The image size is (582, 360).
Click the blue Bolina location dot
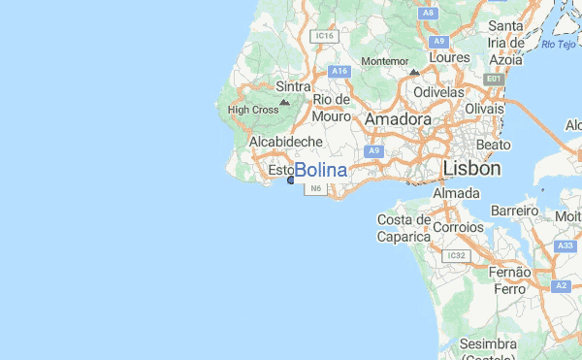click(290, 180)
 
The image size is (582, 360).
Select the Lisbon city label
click(471, 169)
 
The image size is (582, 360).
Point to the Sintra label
click(293, 86)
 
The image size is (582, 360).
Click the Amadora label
click(399, 118)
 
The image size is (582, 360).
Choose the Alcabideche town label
click(285, 142)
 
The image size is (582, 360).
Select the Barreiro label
click(514, 211)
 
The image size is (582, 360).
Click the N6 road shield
click(315, 190)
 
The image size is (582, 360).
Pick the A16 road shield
click(339, 71)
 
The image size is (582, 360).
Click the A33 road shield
click(565, 246)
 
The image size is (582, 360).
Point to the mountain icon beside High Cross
click(284, 102)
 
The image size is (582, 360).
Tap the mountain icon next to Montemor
click(414, 72)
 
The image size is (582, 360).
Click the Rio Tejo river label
click(558, 44)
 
